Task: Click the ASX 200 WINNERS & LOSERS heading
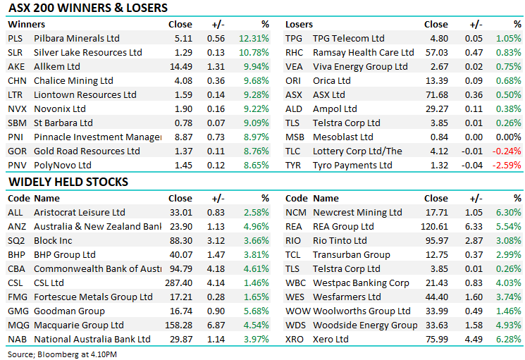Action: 87,8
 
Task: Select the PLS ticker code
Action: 15,38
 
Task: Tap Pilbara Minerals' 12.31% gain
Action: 254,38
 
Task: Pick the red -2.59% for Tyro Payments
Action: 507,165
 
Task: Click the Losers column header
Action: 299,24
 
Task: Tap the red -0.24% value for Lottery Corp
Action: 507,151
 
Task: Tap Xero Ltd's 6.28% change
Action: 507,339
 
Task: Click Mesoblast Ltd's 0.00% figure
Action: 507,137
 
